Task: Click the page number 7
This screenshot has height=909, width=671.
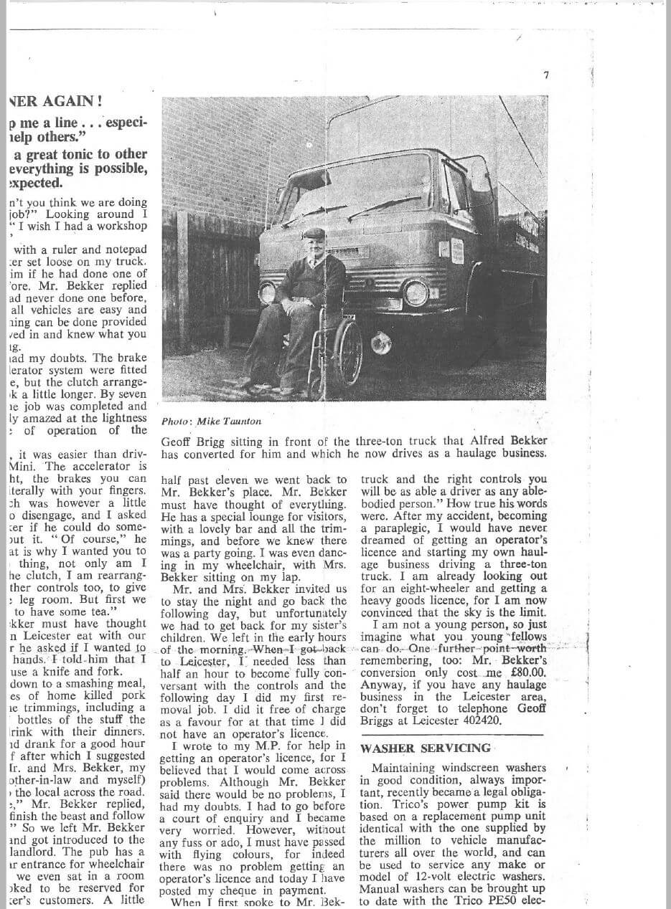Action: pyautogui.click(x=546, y=75)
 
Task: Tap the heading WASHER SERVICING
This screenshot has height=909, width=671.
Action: pyautogui.click(x=426, y=748)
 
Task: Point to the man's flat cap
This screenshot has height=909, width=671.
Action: pyautogui.click(x=314, y=233)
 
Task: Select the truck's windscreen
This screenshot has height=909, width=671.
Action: pyautogui.click(x=359, y=189)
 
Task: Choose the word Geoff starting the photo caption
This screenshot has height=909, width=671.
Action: pyautogui.click(x=178, y=442)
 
